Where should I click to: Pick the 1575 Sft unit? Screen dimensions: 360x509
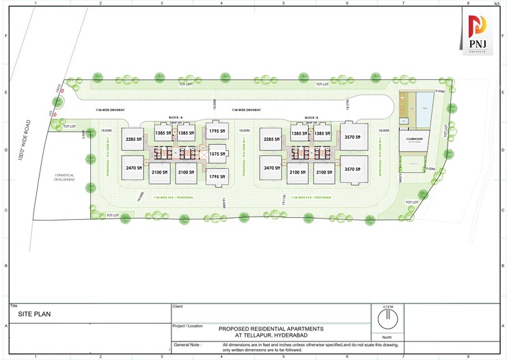(217, 154)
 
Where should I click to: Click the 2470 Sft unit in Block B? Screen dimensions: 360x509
(271, 168)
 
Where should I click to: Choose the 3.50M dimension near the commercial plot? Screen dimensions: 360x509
(84, 135)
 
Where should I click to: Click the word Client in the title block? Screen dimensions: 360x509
(179, 307)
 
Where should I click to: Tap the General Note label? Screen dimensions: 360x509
(187, 346)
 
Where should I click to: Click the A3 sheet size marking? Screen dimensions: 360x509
(496, 3)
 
